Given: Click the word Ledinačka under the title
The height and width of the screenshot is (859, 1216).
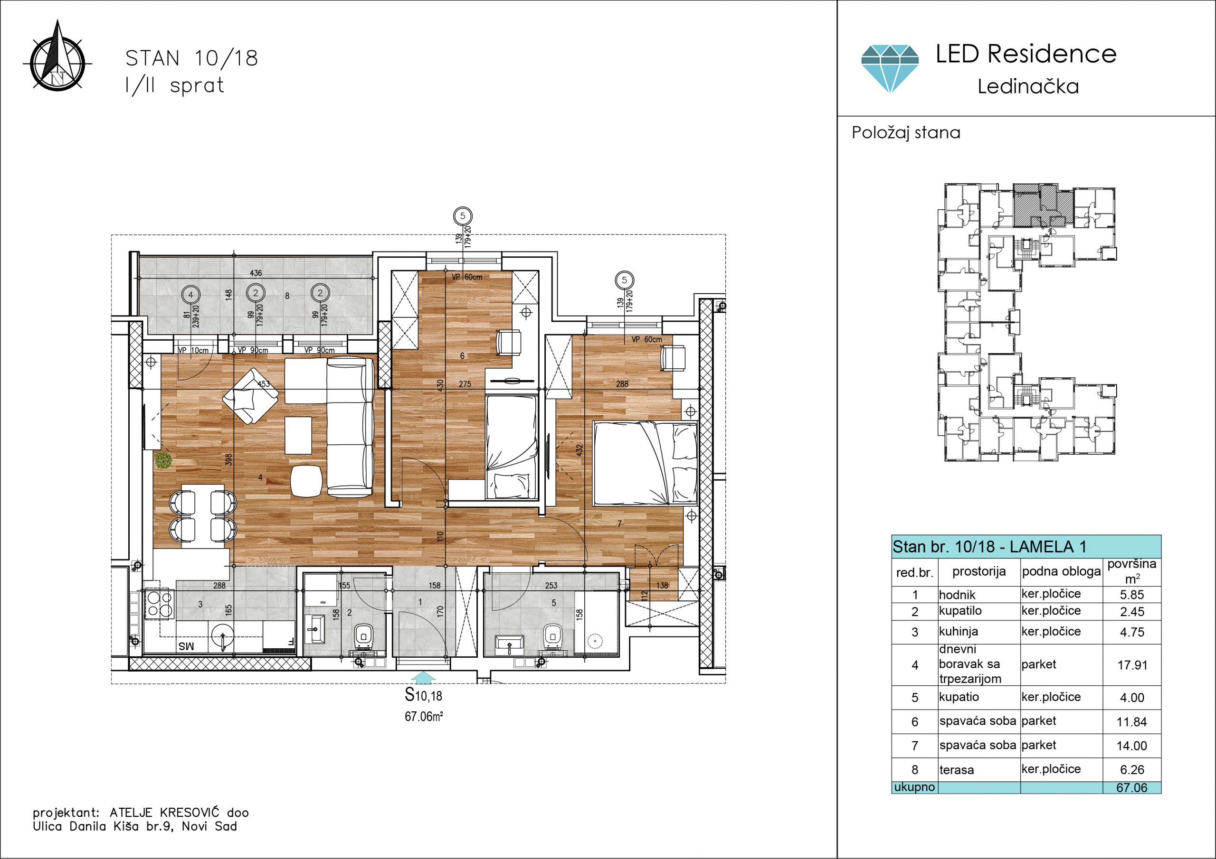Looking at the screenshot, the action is (1028, 86).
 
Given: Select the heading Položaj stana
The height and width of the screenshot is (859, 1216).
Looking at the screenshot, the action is (906, 132).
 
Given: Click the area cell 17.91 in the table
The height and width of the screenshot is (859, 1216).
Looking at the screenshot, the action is (1132, 665).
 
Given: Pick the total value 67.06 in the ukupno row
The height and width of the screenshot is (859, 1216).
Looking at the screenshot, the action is (1132, 787).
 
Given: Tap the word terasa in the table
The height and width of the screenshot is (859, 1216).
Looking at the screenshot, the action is (957, 770).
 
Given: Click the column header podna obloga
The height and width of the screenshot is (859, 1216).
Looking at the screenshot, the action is (1061, 571).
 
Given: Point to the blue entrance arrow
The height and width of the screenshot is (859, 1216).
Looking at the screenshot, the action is (423, 677).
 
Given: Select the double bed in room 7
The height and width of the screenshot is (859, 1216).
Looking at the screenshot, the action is (646, 464).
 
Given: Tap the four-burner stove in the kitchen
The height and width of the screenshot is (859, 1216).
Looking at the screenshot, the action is (160, 604).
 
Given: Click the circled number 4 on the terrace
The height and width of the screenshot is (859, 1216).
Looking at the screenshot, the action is (190, 294).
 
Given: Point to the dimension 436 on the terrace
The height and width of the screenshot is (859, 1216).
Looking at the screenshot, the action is (256, 273).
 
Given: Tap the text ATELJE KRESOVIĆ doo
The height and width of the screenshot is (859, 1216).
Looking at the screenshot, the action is (179, 812).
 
